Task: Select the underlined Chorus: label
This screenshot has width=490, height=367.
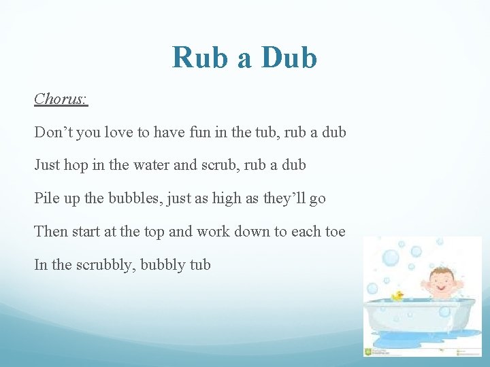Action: click(x=61, y=99)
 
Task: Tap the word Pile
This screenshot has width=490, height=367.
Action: click(x=47, y=198)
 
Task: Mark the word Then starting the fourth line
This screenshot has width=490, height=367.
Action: click(x=51, y=232)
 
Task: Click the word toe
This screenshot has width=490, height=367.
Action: click(x=334, y=232)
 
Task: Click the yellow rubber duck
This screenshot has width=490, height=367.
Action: click(x=397, y=296)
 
